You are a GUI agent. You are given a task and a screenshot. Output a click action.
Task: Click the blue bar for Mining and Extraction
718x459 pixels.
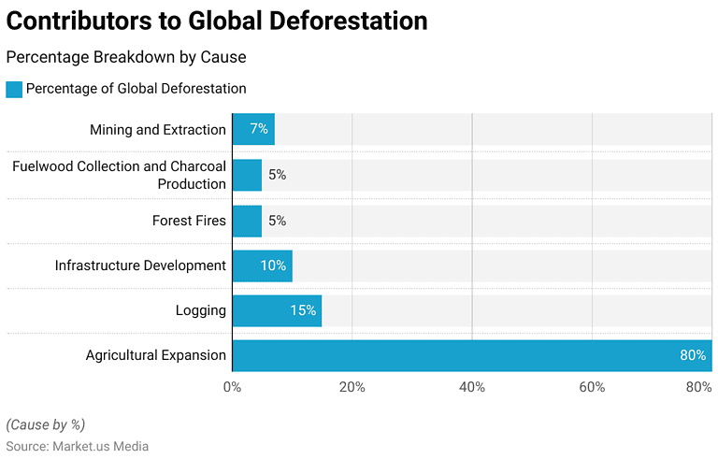[x=253, y=129]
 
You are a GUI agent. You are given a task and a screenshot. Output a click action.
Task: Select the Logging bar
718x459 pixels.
[x=277, y=310]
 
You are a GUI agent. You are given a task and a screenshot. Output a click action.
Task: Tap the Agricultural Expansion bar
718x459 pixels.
[x=472, y=355]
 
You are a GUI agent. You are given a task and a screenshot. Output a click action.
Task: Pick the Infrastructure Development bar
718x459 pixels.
[x=262, y=265]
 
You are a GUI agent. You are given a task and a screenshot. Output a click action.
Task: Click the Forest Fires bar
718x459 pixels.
[x=247, y=221]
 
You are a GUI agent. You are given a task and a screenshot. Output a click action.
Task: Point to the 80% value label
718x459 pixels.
[x=692, y=355]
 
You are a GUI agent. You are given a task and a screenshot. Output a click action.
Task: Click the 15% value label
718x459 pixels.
[x=303, y=310]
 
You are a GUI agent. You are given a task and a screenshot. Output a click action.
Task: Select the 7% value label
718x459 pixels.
[x=259, y=129]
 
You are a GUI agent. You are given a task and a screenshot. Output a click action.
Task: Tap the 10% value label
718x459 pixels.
[x=273, y=265]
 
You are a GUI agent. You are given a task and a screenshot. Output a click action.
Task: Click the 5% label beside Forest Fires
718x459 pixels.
[x=277, y=221]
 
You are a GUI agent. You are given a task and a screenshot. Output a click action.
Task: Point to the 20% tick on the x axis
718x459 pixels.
[x=352, y=387]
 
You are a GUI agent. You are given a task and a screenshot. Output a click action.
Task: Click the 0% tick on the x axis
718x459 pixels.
[x=232, y=387]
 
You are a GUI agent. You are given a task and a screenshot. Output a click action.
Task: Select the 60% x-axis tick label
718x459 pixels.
[x=592, y=387]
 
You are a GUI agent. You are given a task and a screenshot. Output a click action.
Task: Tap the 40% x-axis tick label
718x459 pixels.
[x=472, y=387]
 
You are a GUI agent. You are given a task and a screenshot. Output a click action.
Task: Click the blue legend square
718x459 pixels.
[x=14, y=89]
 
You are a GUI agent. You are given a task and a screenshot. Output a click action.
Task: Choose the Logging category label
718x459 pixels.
[x=200, y=310]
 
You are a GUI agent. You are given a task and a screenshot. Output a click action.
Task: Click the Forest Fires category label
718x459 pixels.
[x=189, y=221]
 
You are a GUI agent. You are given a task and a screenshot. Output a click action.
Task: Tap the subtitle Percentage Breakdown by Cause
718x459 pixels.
[x=126, y=57]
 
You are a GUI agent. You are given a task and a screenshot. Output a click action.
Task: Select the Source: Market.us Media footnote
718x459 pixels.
[x=77, y=447]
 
